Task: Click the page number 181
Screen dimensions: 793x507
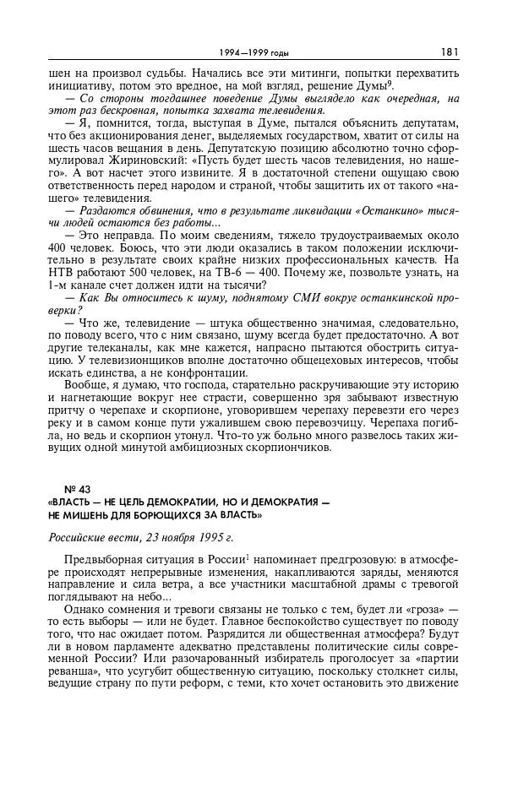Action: tap(450, 52)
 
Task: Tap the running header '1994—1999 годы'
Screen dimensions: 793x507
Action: tap(253, 53)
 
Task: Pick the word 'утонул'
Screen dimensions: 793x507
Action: tap(188, 434)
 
